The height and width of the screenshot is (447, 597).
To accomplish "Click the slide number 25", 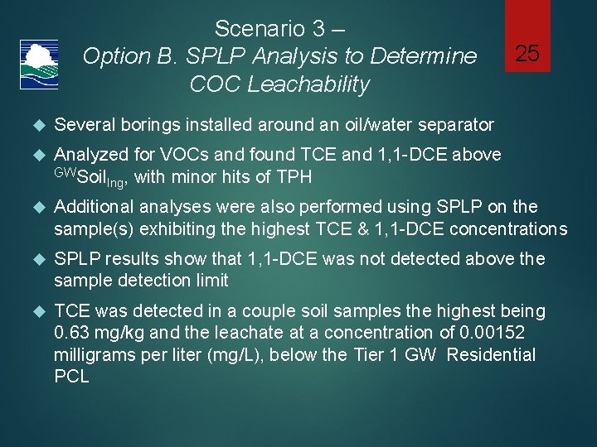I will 527,55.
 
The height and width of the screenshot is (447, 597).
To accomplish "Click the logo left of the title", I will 38,62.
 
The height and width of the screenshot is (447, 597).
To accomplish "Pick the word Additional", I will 91,206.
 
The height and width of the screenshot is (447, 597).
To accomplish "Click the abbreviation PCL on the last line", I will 71,377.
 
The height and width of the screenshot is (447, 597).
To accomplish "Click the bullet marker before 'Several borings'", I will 36,125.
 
